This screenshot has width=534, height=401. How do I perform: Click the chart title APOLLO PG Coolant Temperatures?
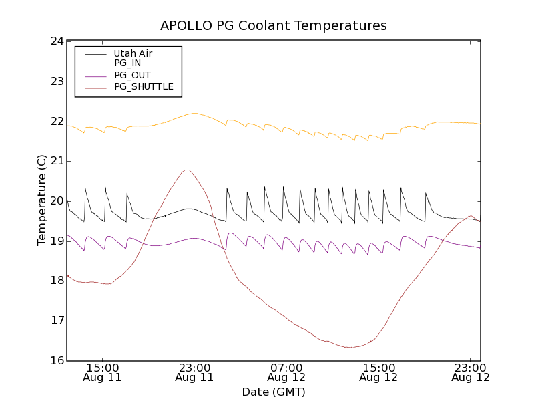(x=274, y=26)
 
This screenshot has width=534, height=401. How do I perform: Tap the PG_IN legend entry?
(x=127, y=63)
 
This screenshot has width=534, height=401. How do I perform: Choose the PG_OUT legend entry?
(x=132, y=75)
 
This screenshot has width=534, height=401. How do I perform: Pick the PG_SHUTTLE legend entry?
(x=144, y=86)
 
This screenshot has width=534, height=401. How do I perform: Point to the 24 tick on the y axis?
(x=57, y=41)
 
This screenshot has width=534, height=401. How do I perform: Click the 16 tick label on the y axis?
(x=57, y=361)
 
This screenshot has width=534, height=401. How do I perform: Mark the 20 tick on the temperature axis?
(x=57, y=201)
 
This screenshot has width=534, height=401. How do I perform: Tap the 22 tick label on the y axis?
(x=57, y=122)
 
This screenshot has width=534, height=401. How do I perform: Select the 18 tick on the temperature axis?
(x=57, y=281)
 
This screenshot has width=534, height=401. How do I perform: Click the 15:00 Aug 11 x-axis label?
(x=102, y=372)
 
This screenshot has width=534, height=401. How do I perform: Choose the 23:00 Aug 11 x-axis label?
(x=194, y=372)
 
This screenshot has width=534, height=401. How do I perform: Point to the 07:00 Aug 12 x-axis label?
(x=286, y=372)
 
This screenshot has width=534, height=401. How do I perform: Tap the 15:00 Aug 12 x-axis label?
(x=378, y=372)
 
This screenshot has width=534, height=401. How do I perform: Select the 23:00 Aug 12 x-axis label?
(x=471, y=372)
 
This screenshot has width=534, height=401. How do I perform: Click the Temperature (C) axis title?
(x=42, y=200)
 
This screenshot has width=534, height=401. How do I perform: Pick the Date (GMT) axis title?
(x=274, y=392)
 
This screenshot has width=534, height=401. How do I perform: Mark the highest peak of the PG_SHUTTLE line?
(x=187, y=170)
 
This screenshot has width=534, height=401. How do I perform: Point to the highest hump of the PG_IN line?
(x=194, y=114)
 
